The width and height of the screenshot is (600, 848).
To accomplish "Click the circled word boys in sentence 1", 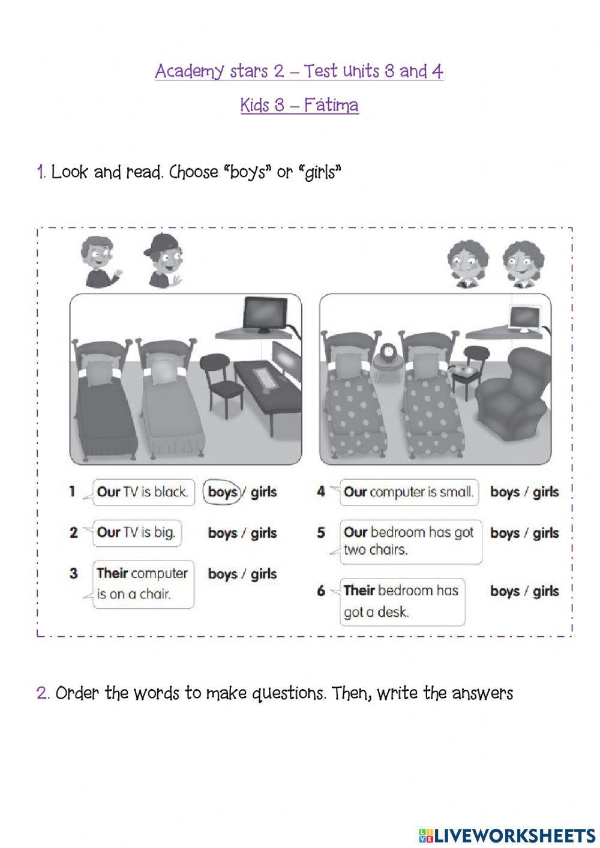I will click(x=223, y=492).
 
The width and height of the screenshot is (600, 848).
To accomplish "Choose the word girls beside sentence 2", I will click(x=264, y=533).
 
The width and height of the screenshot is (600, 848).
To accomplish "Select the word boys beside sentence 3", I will click(x=223, y=574).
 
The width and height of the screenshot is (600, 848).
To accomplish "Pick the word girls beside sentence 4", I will click(x=545, y=492).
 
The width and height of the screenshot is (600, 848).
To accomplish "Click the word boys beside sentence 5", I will click(x=505, y=533).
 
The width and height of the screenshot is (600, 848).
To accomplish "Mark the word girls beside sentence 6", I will click(x=545, y=591).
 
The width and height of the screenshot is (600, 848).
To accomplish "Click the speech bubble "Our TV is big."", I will click(x=137, y=533).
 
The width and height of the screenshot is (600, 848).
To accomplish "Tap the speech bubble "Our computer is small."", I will click(x=409, y=492).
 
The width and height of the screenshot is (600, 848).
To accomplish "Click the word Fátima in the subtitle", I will click(x=331, y=105).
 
